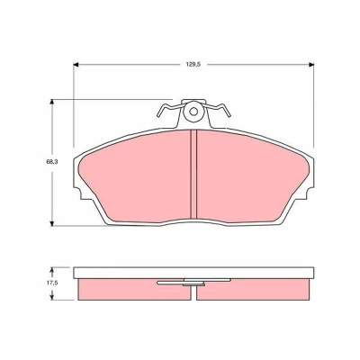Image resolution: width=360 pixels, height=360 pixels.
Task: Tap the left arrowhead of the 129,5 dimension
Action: pos(76,65)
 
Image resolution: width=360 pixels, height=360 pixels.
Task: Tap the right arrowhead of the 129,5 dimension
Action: pos(311,65)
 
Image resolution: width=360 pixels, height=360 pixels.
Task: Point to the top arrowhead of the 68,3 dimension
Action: pos(52,102)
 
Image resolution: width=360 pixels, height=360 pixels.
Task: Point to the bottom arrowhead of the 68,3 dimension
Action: pos(52,223)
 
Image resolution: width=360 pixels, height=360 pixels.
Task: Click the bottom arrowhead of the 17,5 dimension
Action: pos(52,297)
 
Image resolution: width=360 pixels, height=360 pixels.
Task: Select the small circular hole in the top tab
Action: pos(193,112)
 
